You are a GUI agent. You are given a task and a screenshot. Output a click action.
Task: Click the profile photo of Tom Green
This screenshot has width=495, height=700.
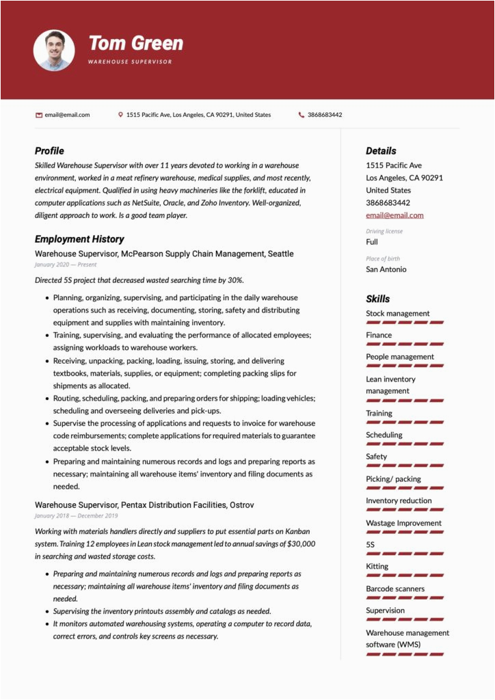(54, 50)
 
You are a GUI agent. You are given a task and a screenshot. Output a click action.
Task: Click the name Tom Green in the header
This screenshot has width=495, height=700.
(136, 44)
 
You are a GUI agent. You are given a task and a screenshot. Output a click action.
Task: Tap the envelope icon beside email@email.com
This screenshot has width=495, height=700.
(39, 115)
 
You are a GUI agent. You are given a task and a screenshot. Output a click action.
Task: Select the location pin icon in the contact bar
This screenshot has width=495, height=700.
(120, 115)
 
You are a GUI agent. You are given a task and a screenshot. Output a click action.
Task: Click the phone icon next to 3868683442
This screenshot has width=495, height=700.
(302, 115)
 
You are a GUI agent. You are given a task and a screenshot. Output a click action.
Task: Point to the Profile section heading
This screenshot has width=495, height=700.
(49, 150)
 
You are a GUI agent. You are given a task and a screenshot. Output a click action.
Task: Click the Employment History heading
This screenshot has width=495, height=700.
(79, 239)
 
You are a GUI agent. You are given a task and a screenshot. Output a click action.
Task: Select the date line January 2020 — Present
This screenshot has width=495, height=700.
(66, 265)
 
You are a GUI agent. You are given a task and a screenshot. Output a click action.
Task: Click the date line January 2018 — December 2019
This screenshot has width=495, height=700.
(76, 515)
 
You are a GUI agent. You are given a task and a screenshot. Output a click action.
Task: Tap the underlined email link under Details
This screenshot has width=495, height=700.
(394, 215)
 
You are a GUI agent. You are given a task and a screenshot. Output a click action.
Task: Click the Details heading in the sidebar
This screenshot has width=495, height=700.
(381, 150)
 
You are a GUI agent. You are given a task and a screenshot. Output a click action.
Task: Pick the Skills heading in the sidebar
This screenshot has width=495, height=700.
(378, 299)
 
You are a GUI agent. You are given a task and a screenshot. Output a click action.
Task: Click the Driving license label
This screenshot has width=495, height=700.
(384, 231)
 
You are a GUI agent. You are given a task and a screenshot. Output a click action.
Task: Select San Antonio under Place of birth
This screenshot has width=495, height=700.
(386, 269)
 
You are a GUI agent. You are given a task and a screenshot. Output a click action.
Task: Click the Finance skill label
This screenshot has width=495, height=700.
(379, 335)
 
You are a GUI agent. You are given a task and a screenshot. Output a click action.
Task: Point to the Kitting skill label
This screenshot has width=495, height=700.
(377, 566)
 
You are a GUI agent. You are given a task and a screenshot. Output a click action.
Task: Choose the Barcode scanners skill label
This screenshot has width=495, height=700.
(395, 589)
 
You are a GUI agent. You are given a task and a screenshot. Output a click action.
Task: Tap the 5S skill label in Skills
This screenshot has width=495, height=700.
(371, 545)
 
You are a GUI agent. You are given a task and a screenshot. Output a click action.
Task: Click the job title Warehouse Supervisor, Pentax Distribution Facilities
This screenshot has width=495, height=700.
(144, 504)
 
